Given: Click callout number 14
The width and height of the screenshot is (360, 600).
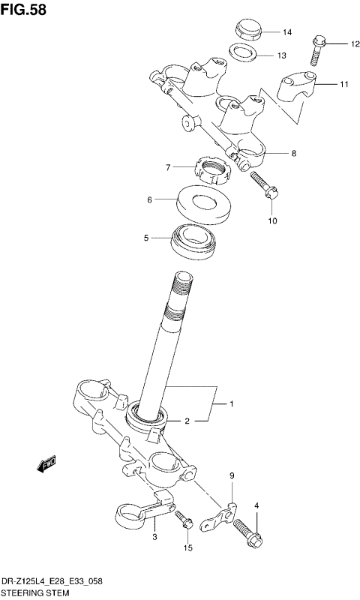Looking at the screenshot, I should point(286,32).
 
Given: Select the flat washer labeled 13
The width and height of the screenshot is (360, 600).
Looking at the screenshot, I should point(241,53).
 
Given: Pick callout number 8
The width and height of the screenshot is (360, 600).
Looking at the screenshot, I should point(293,153).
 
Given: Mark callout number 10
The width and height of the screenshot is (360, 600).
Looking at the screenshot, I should point(272,220).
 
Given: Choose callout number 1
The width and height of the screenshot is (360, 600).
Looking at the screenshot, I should point(232,404).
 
